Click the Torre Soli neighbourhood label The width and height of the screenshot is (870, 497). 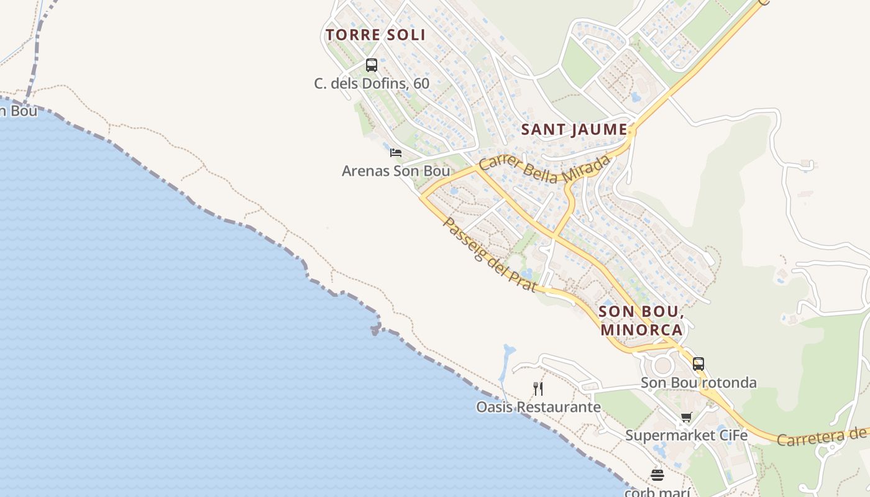[375, 35]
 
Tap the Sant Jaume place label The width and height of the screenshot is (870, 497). [574, 129]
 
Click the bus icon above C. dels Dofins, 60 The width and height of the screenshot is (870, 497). [372, 65]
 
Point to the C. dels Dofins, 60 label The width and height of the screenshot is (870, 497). [372, 83]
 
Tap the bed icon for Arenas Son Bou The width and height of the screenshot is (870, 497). [396, 152]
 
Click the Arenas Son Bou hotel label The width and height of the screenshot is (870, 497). [396, 171]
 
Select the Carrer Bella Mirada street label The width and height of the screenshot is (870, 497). [544, 169]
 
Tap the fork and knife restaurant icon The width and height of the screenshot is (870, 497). [538, 389]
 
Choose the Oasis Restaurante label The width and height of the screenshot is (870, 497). [538, 408]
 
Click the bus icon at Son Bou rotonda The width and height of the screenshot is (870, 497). [698, 363]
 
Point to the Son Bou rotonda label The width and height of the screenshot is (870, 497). [698, 382]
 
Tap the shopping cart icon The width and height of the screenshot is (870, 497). [686, 417]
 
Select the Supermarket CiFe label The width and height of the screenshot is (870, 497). [686, 435]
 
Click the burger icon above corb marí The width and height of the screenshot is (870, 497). [657, 475]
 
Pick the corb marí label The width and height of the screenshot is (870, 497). [657, 492]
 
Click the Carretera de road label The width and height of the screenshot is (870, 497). [822, 437]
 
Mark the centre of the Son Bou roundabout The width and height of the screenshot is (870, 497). [662, 365]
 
